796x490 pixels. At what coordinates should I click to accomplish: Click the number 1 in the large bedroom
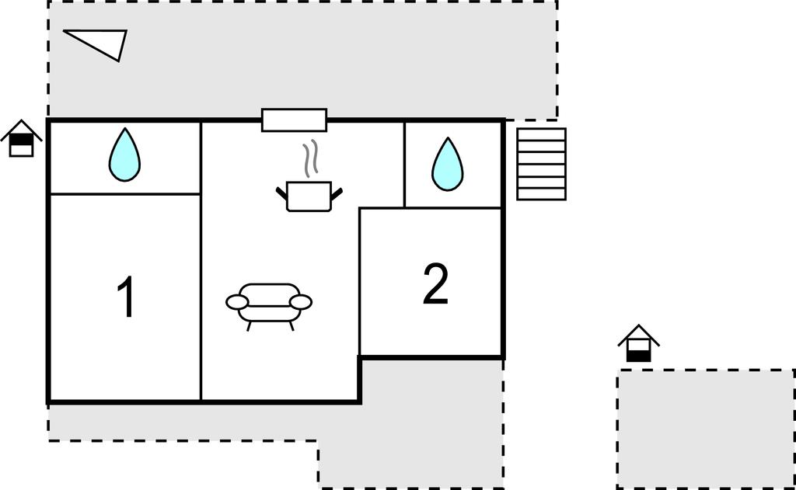126,296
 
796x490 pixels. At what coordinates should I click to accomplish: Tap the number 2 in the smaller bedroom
435,284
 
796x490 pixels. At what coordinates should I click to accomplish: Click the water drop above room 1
124,155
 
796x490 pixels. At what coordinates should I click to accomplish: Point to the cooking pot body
309,196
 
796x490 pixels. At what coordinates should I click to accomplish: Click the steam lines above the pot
311,158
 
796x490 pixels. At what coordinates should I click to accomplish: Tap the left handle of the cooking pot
281,193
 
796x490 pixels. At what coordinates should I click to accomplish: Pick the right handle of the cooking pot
337,193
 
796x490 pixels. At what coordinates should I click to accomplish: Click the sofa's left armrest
236,302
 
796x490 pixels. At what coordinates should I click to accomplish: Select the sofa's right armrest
301,302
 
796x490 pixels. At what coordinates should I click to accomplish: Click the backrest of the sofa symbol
269,291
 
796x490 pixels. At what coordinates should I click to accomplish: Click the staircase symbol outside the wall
541,164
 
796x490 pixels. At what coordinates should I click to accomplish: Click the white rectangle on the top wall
294,120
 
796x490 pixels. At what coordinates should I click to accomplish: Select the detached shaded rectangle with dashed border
706,429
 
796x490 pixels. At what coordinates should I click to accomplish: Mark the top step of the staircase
541,134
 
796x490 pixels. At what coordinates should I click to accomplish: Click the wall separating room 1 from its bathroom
125,194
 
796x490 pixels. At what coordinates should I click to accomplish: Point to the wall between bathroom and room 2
453,207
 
